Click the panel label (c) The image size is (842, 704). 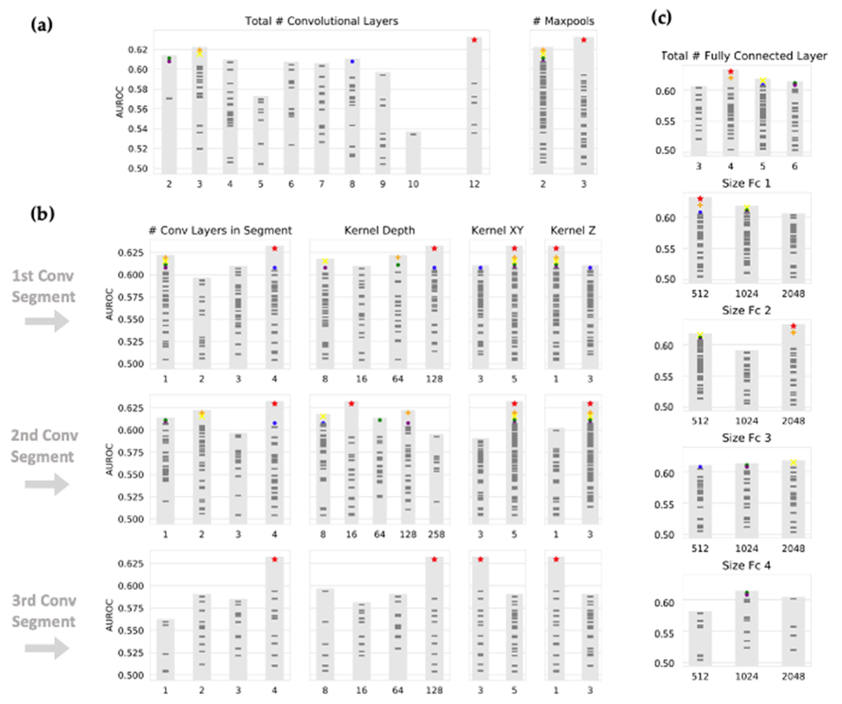(661, 18)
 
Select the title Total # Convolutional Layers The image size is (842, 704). (322, 21)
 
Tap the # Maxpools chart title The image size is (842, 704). (563, 21)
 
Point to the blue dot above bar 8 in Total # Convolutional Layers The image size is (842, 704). (352, 61)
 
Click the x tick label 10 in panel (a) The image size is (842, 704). (413, 184)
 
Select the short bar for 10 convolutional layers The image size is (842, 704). (413, 153)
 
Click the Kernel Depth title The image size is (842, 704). (379, 230)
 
